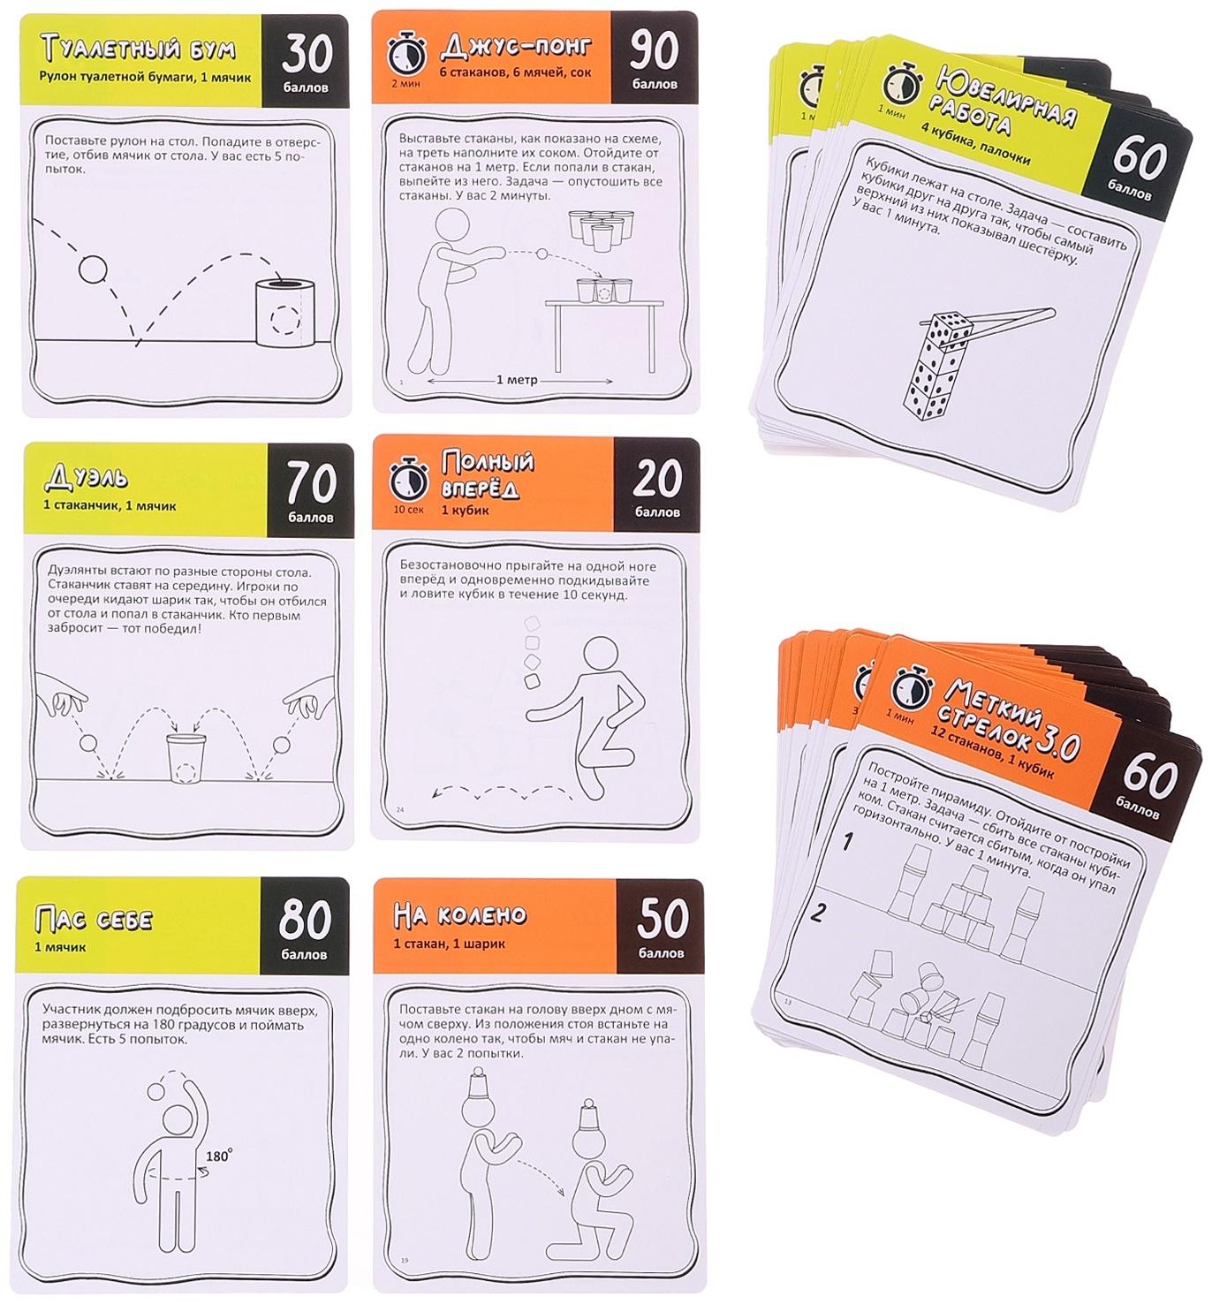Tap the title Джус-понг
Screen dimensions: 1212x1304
[516, 46]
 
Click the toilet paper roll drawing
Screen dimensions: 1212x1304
[285, 313]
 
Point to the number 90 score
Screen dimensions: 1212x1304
[654, 50]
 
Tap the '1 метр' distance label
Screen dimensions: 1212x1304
[516, 380]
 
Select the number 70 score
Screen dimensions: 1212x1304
[311, 484]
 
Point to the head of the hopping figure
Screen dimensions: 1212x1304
[600, 654]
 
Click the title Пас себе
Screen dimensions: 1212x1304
[94, 919]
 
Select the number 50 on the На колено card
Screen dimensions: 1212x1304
[662, 918]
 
